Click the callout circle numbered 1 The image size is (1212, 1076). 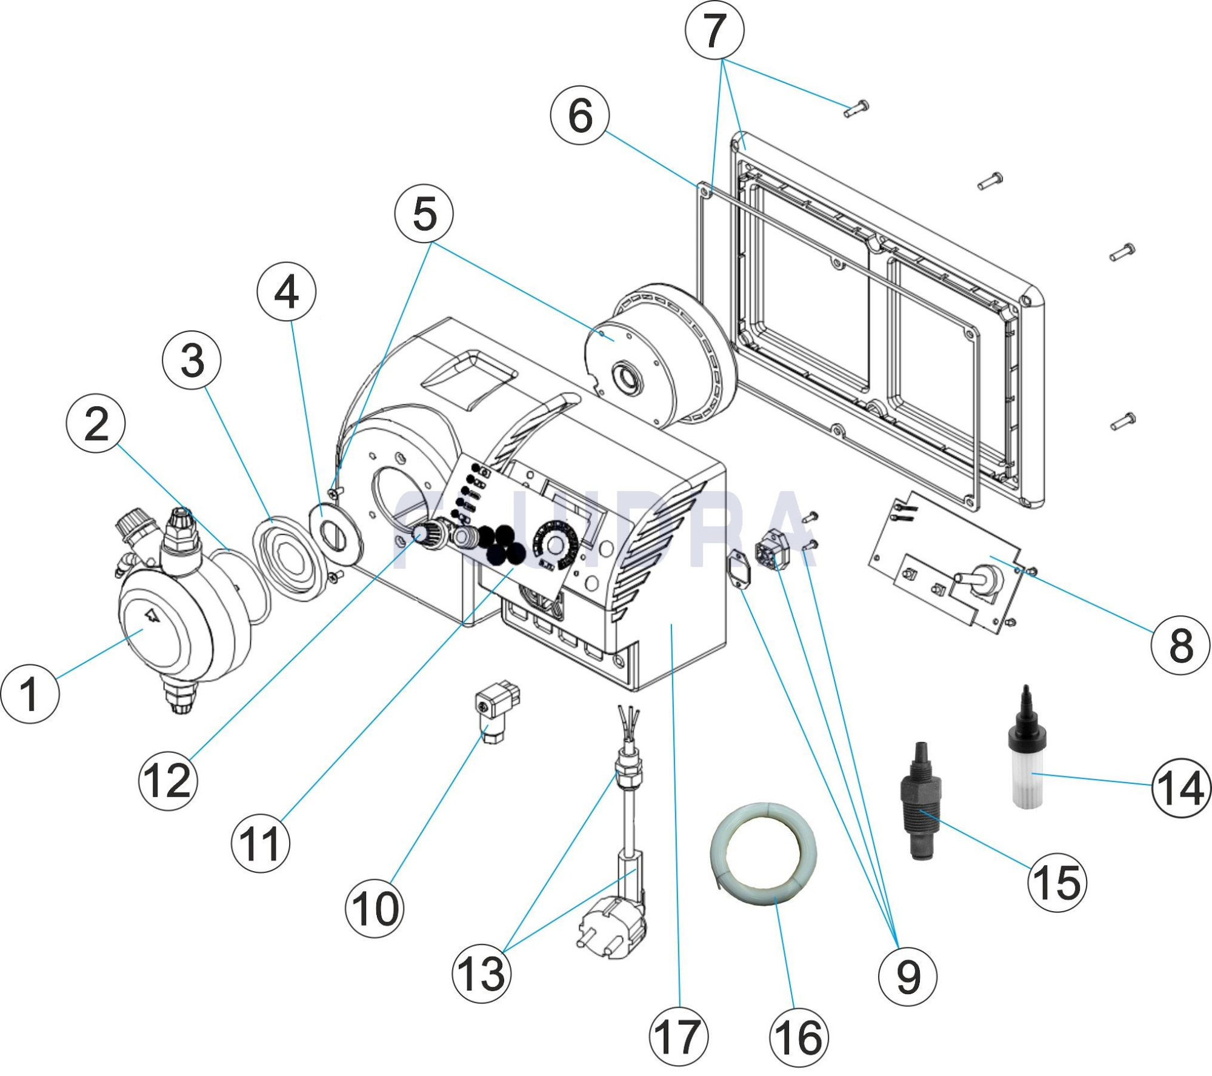[x=30, y=693]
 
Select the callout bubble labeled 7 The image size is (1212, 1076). [x=714, y=30]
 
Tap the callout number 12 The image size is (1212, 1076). [x=168, y=781]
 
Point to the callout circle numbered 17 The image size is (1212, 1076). [x=678, y=1037]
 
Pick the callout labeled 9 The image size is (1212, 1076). [x=907, y=977]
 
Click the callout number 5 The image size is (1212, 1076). [x=424, y=214]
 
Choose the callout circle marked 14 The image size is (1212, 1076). [x=1181, y=787]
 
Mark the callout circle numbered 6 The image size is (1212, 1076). [x=580, y=115]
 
